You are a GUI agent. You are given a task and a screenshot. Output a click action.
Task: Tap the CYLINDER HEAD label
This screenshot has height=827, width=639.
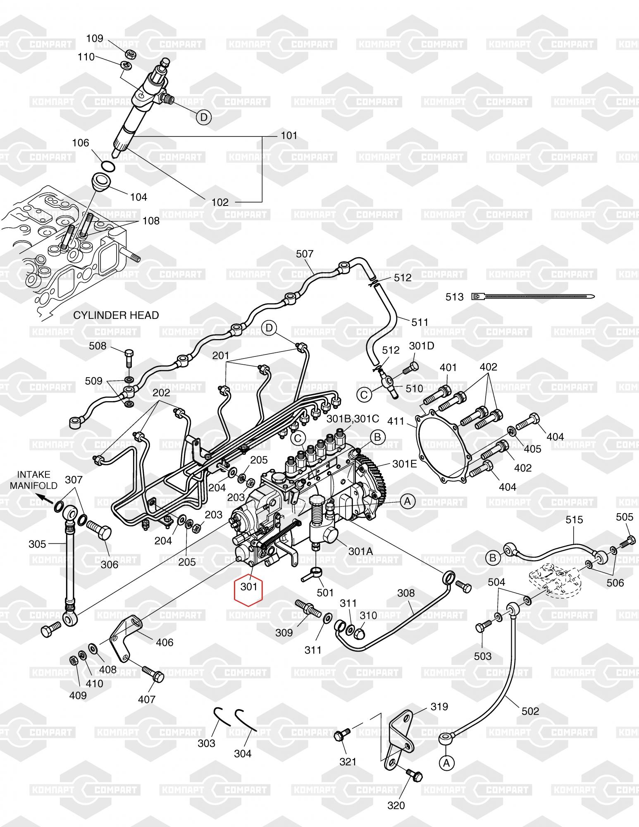(116, 316)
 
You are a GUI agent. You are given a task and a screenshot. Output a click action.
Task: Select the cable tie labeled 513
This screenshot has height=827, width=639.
(533, 296)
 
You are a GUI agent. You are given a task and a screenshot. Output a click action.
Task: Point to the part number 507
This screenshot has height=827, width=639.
(305, 254)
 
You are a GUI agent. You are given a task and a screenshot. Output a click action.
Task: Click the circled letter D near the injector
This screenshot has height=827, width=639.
(203, 117)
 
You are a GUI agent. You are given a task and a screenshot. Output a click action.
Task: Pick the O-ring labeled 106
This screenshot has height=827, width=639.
(107, 165)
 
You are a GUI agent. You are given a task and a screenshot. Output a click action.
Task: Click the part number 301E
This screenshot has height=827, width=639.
(404, 464)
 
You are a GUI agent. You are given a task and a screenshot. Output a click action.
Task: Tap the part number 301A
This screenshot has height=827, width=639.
(360, 551)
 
